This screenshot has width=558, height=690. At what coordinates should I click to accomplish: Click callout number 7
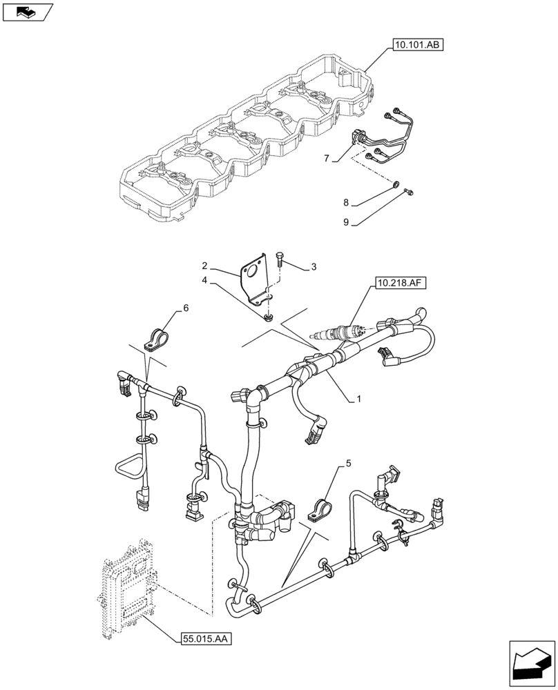pos(327,159)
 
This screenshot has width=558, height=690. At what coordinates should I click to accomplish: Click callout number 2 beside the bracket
pos(204,266)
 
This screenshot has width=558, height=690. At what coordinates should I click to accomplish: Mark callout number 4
pos(204,280)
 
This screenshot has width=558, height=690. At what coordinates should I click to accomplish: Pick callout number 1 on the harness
pos(358,400)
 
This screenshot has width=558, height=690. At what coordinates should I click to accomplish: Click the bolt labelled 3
pos(280,261)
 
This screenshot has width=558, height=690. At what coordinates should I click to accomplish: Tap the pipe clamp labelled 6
pos(157,338)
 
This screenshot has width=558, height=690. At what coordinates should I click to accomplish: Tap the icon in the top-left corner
pos(28,11)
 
